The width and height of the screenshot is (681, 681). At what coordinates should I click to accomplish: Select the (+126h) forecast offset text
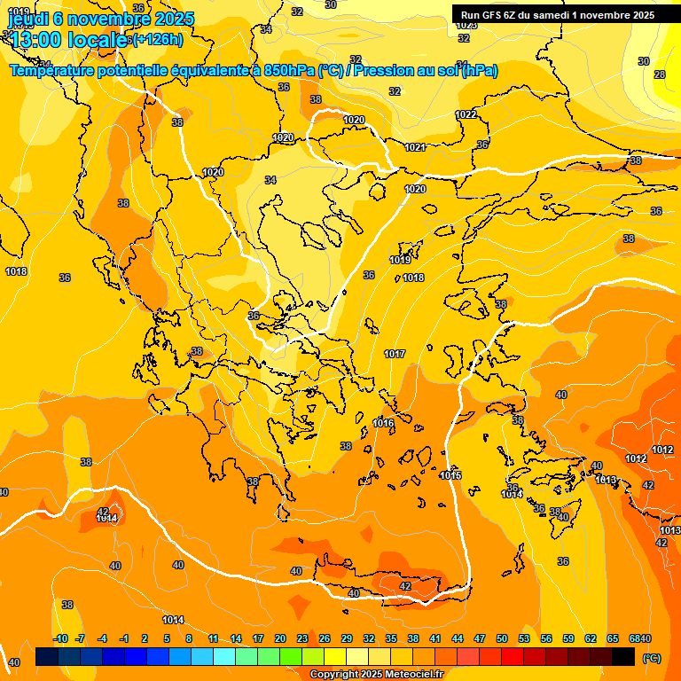[x=158, y=40]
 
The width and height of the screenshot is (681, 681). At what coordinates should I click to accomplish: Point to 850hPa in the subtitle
[x=289, y=71]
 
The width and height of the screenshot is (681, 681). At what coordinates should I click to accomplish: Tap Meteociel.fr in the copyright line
[x=409, y=675]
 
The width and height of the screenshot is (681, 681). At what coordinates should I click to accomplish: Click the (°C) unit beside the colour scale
[x=651, y=658]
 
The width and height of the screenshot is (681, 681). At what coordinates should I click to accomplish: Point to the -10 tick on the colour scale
[x=60, y=639]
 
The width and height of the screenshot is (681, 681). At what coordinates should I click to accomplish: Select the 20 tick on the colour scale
[x=280, y=639]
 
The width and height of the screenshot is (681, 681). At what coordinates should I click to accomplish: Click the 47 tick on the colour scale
[x=480, y=639]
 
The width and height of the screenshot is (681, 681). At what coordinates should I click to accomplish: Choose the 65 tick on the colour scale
[x=613, y=639]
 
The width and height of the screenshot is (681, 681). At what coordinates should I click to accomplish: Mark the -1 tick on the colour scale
[x=124, y=639]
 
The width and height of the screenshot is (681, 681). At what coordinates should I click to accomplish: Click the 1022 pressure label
[x=466, y=114]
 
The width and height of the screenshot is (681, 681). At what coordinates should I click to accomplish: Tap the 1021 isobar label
[x=415, y=148]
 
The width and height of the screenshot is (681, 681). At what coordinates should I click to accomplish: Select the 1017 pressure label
[x=395, y=354]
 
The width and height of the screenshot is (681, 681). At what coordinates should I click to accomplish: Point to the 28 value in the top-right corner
[x=659, y=74]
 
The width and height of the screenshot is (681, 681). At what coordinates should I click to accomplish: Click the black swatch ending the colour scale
[x=623, y=657]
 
